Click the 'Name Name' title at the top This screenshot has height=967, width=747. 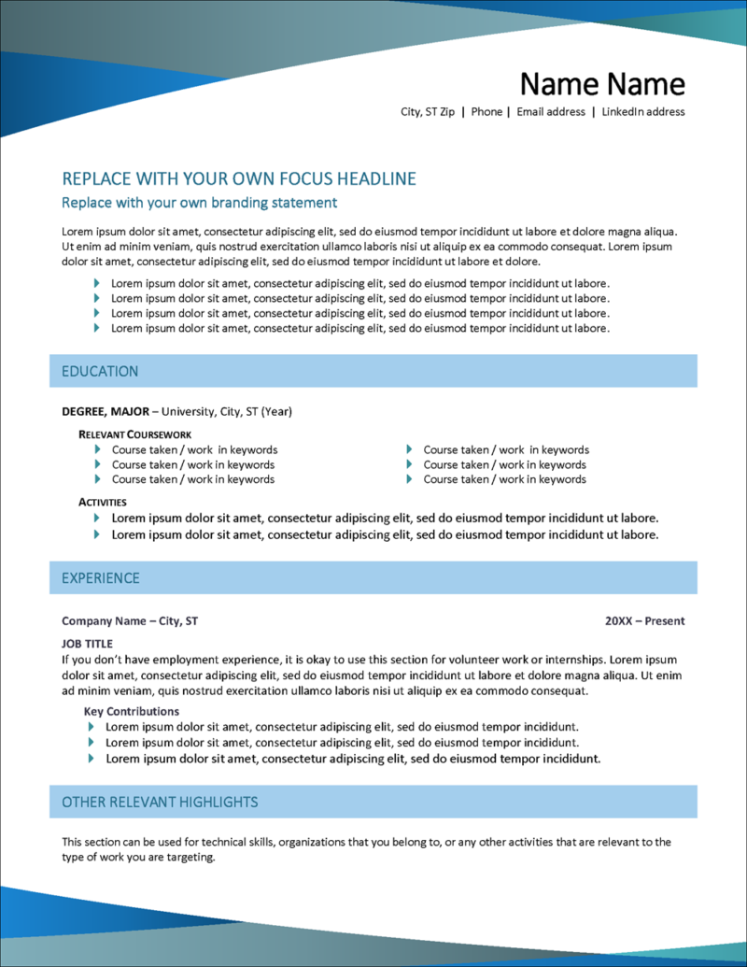(x=601, y=84)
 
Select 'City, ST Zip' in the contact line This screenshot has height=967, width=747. (x=428, y=112)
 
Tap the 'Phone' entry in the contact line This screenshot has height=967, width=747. (x=486, y=112)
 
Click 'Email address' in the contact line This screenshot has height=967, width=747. (x=551, y=112)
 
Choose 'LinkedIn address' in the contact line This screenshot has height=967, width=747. (x=642, y=112)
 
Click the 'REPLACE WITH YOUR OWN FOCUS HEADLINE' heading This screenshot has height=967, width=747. (x=238, y=179)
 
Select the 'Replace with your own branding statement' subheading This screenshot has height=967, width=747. (x=199, y=203)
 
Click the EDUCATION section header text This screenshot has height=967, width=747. (x=100, y=371)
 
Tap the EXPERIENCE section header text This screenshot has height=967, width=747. (x=101, y=578)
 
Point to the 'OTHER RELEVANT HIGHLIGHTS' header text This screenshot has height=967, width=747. (x=160, y=802)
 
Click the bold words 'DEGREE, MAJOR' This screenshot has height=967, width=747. (x=105, y=411)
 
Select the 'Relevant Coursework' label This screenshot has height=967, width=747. (x=134, y=434)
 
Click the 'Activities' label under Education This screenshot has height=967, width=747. (x=103, y=502)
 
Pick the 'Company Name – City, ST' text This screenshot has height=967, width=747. (x=130, y=620)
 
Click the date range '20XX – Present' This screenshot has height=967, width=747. (x=644, y=620)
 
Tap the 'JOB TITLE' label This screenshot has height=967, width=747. (x=87, y=644)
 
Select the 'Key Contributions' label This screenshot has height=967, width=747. (x=131, y=711)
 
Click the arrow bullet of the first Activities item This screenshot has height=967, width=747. (x=97, y=518)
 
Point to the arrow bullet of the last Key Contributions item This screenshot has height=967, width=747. (x=92, y=759)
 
